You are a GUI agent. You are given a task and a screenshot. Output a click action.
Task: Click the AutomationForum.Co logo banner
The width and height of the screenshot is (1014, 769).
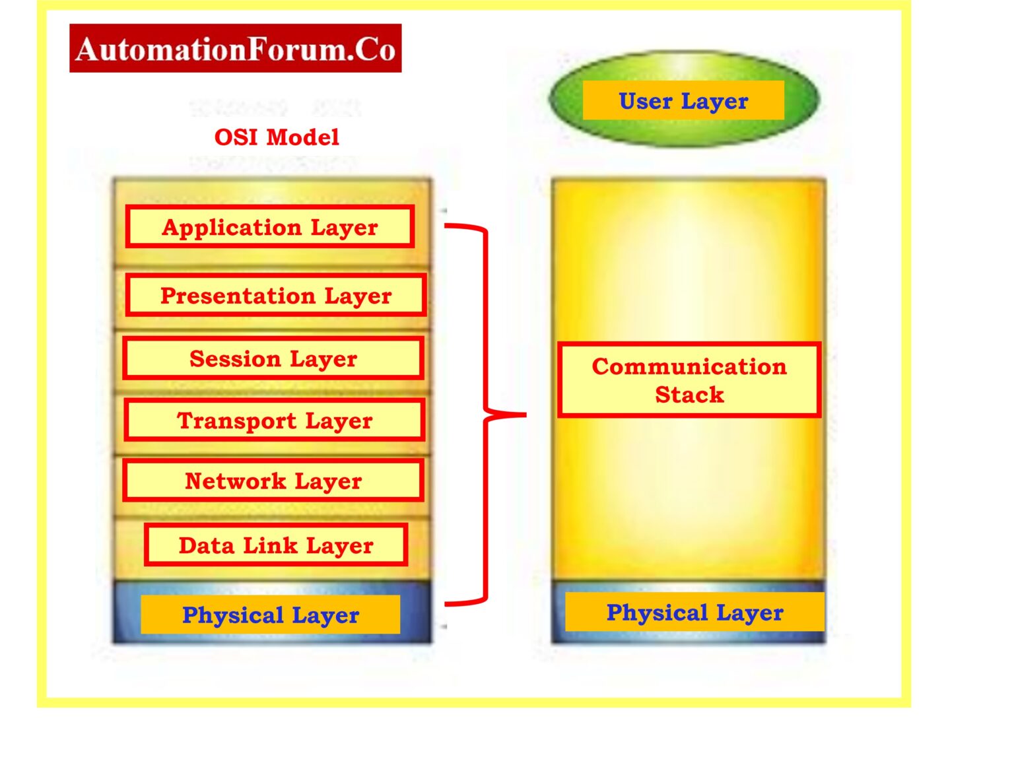pos(235,49)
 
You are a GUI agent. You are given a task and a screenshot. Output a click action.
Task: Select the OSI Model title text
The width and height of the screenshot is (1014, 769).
pos(277,137)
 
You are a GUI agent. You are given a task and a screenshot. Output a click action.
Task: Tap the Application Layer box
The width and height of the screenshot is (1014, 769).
pos(270,227)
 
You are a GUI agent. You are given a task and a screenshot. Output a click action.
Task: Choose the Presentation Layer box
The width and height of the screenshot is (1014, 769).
pos(276,296)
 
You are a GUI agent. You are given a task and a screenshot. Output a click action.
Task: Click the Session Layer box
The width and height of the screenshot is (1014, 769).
pos(273,358)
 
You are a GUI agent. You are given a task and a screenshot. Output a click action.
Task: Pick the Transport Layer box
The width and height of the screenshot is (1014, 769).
pos(275,420)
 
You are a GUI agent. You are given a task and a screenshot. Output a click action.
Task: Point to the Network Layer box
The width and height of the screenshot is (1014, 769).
pos(273,481)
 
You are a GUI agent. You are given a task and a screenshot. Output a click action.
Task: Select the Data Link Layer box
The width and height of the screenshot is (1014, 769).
pos(276,545)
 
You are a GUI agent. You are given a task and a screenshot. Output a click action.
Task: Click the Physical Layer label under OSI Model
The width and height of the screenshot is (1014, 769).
pos(271,615)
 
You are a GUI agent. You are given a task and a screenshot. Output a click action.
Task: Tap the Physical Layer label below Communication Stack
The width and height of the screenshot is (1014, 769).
pos(694,612)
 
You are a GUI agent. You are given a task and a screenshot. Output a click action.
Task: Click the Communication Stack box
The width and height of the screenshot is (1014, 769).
pos(689,380)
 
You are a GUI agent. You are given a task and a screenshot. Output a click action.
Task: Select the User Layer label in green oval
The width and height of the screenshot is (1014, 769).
pos(683,101)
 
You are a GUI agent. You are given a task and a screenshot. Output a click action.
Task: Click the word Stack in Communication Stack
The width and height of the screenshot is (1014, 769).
pos(689,395)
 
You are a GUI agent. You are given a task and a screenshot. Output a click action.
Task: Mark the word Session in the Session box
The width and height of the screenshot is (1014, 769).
pos(235,358)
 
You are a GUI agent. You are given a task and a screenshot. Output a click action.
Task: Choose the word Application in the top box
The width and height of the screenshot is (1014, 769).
pos(232,227)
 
